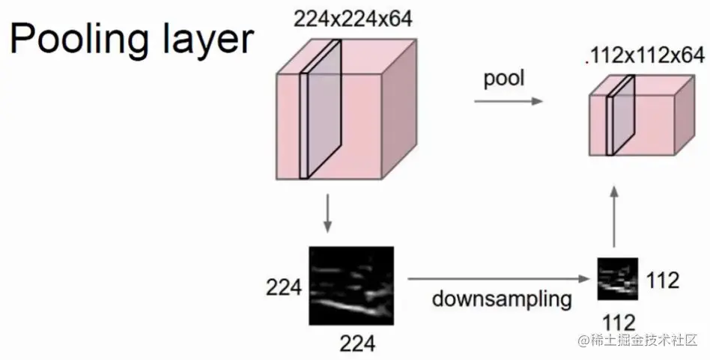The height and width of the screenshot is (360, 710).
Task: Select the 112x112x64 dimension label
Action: tap(646, 55)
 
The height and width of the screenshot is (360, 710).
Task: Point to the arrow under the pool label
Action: tap(507, 100)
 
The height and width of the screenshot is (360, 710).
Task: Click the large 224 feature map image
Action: tap(351, 284)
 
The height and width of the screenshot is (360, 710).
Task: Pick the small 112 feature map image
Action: tap(617, 278)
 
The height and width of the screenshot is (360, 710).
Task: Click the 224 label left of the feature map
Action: tap(283, 287)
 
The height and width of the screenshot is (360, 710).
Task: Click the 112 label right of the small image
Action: tap(662, 281)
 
